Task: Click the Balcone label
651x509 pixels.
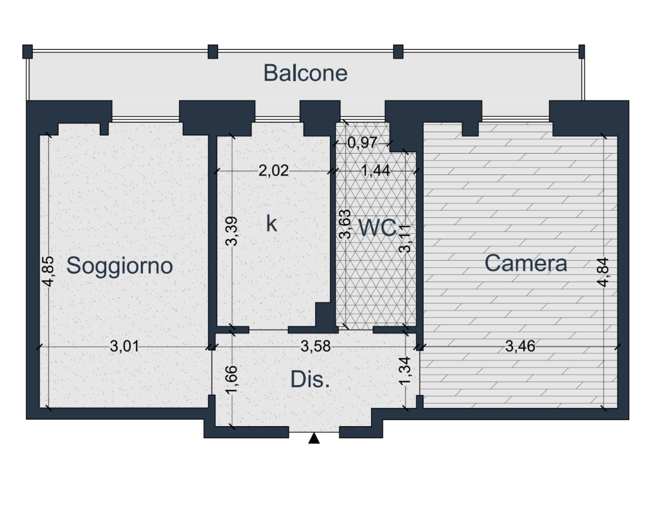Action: [x=306, y=73]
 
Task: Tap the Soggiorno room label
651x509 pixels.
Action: [x=119, y=266]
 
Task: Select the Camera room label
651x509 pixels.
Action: [x=526, y=263]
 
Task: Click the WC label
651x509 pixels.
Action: [x=377, y=228]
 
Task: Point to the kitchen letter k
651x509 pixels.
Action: [x=271, y=224]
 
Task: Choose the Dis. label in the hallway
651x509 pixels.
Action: [x=310, y=380]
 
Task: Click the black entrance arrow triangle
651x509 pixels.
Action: [x=314, y=438]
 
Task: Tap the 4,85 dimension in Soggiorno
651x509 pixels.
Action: [x=48, y=272]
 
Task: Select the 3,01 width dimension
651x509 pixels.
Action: [x=124, y=346]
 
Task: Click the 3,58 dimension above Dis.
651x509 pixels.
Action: [x=316, y=346]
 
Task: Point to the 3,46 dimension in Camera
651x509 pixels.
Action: [x=520, y=346]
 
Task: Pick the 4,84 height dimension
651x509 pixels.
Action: [x=603, y=272]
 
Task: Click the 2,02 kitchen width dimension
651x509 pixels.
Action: [x=273, y=171]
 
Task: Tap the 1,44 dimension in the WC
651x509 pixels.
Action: [x=375, y=171]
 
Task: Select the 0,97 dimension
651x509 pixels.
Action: [x=362, y=143]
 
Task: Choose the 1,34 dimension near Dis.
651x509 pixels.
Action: [x=405, y=371]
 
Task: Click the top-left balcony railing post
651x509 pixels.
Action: [x=27, y=52]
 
